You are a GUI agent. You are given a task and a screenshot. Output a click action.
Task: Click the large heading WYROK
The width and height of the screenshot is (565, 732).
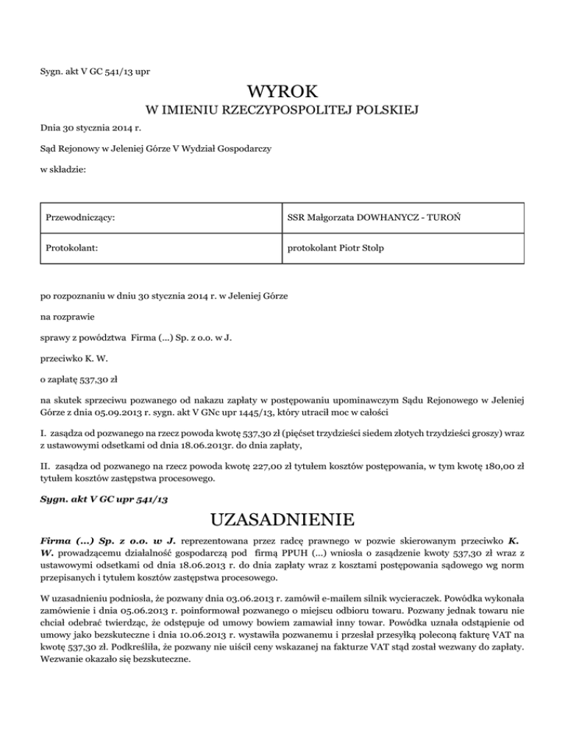click(282, 92)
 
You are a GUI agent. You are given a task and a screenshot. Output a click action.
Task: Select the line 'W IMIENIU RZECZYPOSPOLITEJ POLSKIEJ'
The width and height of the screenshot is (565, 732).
click(282, 111)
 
